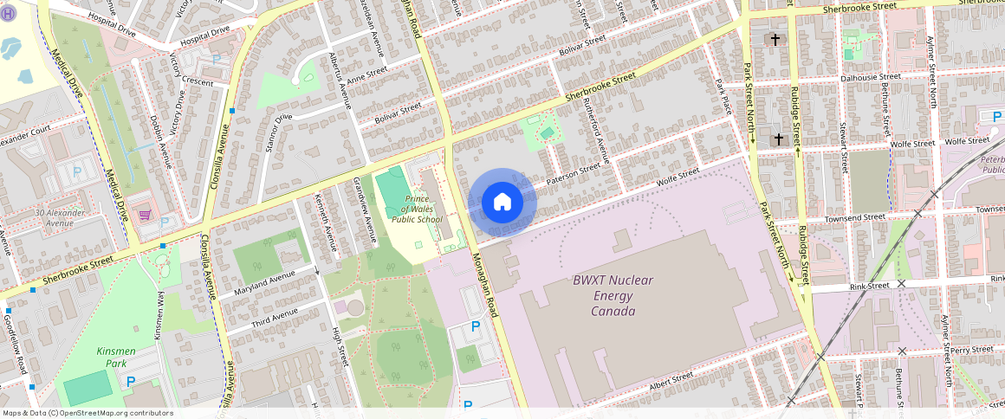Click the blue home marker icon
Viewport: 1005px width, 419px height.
(x=502, y=203)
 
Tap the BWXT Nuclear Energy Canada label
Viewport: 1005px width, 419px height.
(x=613, y=295)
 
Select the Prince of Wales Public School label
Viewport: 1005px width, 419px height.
(x=417, y=209)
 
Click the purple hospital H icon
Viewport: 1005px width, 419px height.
(x=8, y=15)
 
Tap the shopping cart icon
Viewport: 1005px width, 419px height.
(x=146, y=214)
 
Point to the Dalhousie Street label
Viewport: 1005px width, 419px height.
(x=871, y=77)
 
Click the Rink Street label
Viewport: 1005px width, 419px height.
(x=869, y=285)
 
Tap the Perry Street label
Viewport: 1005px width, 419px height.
(x=970, y=350)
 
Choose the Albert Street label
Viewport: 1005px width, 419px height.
(x=671, y=381)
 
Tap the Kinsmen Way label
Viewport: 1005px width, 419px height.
(x=159, y=314)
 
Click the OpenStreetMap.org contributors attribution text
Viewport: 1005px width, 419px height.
(x=116, y=413)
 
